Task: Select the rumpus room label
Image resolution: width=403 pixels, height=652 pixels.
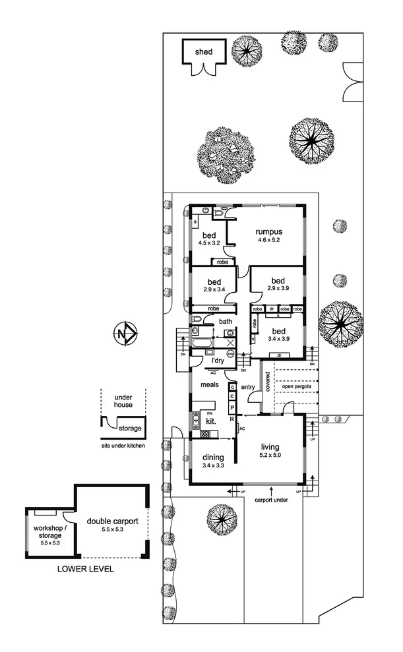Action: pyautogui.click(x=270, y=231)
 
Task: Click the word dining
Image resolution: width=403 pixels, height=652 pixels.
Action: pyautogui.click(x=213, y=458)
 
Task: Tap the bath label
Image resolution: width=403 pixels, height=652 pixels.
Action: pyautogui.click(x=225, y=322)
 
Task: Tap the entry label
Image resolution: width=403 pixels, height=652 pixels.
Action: pyautogui.click(x=248, y=387)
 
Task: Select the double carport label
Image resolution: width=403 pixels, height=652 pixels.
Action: pyautogui.click(x=112, y=521)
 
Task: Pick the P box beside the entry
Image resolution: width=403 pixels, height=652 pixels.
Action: pyautogui.click(x=232, y=408)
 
